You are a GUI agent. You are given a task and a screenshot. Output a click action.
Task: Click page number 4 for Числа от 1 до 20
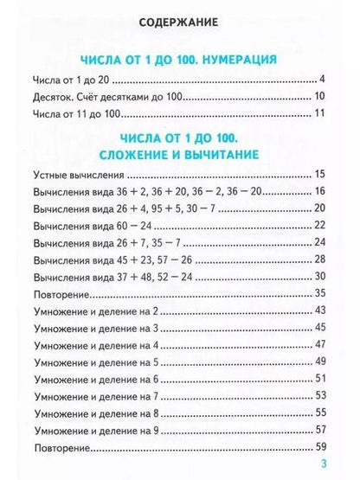pos(320,80)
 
